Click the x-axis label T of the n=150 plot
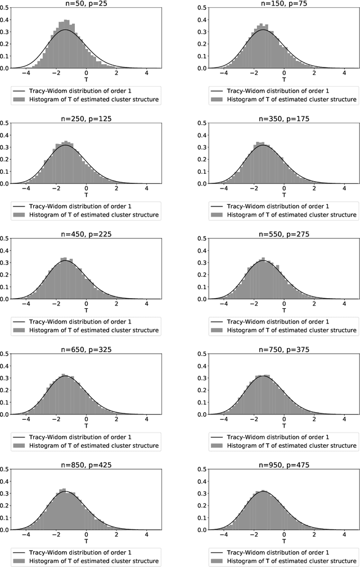pyautogui.click(x=284, y=80)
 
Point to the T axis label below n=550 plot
pyautogui.click(x=284, y=310)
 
